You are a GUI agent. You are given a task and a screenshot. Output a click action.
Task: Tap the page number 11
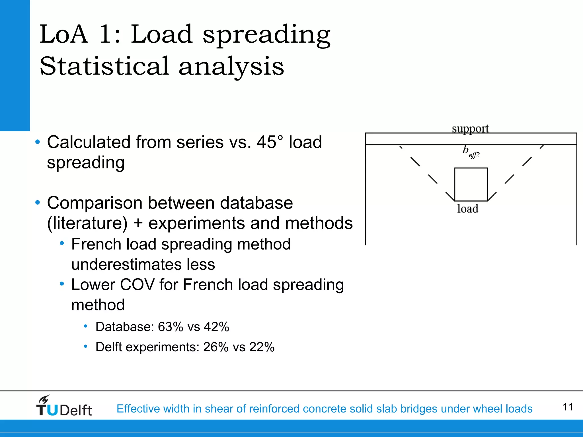pos(568,407)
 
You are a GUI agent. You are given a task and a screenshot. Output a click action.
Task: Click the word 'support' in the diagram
pos(470,129)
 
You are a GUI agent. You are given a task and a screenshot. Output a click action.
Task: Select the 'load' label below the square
pos(468,209)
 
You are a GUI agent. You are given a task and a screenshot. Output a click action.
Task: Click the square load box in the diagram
pos(471,184)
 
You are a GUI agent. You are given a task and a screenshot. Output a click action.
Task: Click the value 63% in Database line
pos(170,327)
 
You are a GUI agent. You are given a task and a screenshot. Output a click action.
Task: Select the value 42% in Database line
pos(216,327)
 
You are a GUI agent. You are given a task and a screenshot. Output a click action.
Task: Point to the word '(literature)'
pos(87,223)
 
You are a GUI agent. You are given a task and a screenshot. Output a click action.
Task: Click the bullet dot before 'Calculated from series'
pos(38,142)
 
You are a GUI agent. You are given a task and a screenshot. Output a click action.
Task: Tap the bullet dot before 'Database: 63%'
pos(85,326)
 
